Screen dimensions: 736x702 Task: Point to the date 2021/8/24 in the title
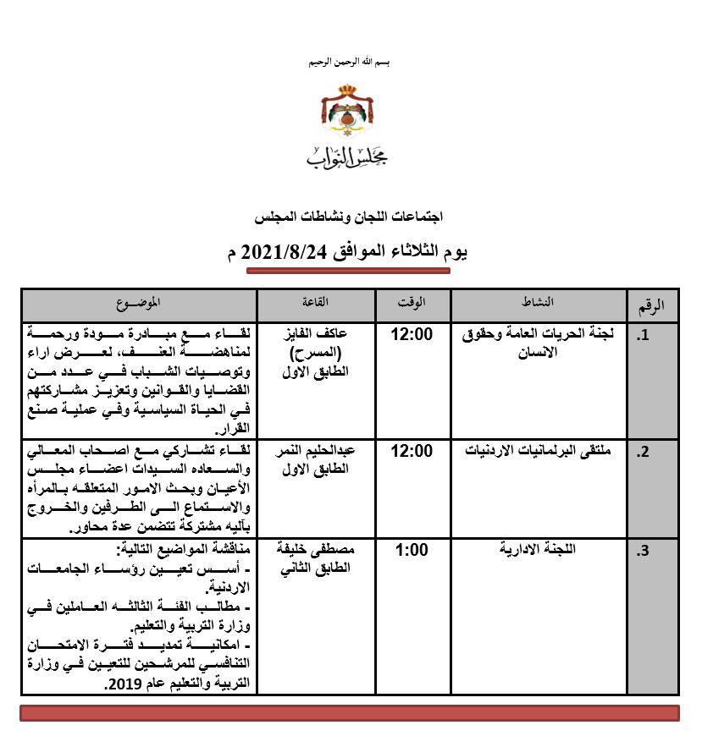[278, 251]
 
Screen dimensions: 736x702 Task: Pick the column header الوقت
[412, 302]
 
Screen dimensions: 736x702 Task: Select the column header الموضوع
[139, 302]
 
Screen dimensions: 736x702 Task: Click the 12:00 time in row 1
[412, 334]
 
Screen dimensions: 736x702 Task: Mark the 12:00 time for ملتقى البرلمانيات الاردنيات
[412, 451]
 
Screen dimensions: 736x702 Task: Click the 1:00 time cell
[412, 550]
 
